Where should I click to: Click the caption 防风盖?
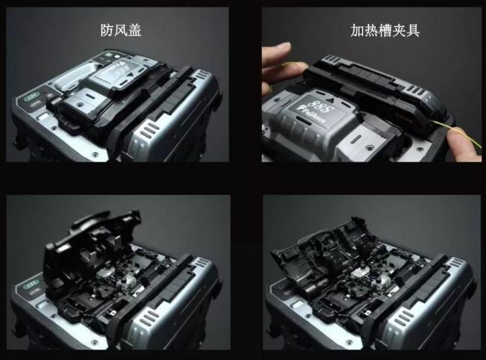pyautogui.click(x=121, y=31)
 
